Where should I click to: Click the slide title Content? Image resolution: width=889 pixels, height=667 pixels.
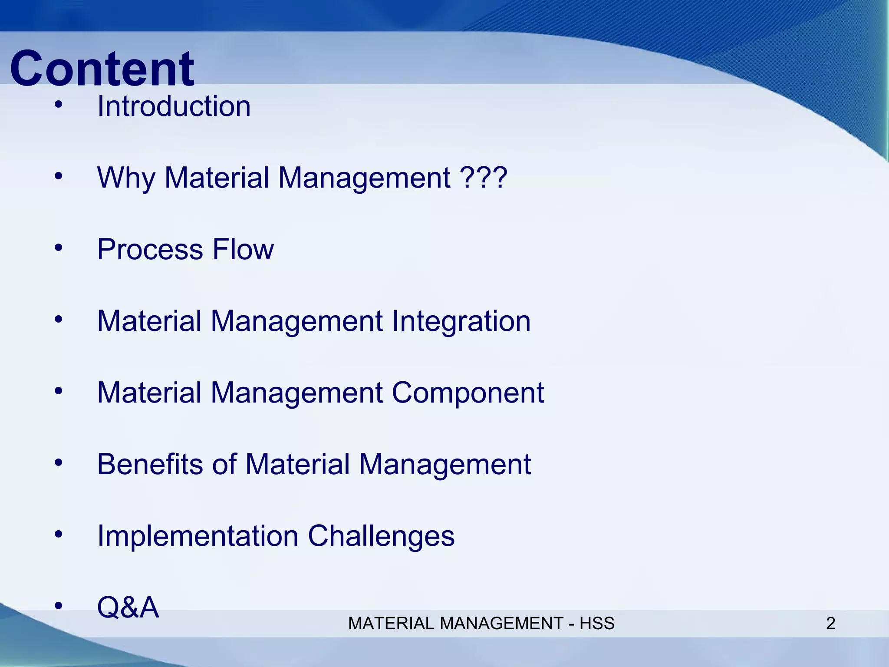[102, 69]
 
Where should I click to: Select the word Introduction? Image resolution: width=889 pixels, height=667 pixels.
[174, 106]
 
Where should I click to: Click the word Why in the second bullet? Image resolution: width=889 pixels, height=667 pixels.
[126, 178]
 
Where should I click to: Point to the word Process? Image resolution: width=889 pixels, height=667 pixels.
[150, 250]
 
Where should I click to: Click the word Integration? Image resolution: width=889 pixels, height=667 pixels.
[461, 321]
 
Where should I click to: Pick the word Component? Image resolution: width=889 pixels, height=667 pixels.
[468, 393]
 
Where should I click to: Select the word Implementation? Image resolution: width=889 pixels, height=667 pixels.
[198, 536]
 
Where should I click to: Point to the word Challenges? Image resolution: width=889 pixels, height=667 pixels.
[381, 536]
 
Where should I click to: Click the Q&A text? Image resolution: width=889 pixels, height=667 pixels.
[128, 608]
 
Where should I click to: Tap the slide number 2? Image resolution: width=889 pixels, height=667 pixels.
[830, 624]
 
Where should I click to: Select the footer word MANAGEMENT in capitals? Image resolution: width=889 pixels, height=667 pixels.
[501, 624]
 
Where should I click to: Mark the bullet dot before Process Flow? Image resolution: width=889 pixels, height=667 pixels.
[59, 248]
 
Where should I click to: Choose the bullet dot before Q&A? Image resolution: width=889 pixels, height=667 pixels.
[59, 606]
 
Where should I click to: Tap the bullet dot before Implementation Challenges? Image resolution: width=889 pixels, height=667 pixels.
[59, 534]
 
